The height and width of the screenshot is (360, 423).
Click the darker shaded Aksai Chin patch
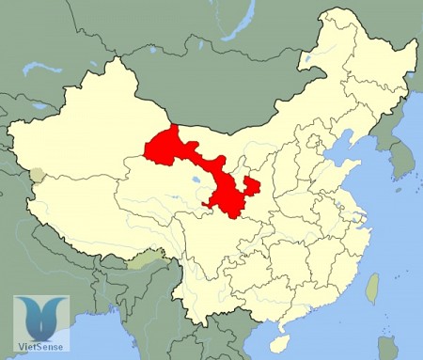[x=37, y=175]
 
